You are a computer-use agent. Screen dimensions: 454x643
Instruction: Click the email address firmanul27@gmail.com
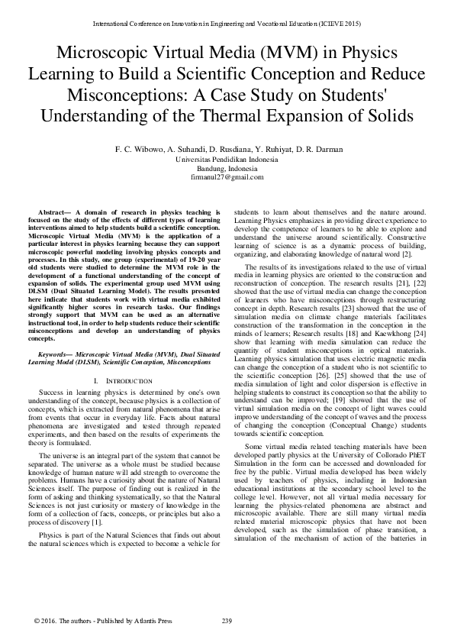tap(227, 176)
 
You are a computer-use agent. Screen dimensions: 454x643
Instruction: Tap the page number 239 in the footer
tap(227, 621)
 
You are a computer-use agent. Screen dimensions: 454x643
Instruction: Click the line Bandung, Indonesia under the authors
tap(227, 168)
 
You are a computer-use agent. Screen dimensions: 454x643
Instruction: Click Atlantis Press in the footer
tap(150, 621)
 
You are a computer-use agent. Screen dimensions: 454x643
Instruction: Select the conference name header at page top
tap(227, 24)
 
